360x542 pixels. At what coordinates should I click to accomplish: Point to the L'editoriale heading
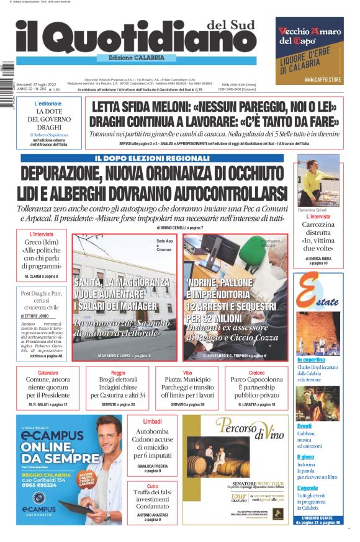tap(48, 103)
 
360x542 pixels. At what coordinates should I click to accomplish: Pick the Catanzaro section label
tap(43, 373)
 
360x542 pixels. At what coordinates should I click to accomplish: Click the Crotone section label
tap(256, 373)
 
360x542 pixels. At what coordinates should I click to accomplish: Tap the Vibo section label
tap(187, 373)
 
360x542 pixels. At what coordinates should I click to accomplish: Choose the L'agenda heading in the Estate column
tap(308, 488)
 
